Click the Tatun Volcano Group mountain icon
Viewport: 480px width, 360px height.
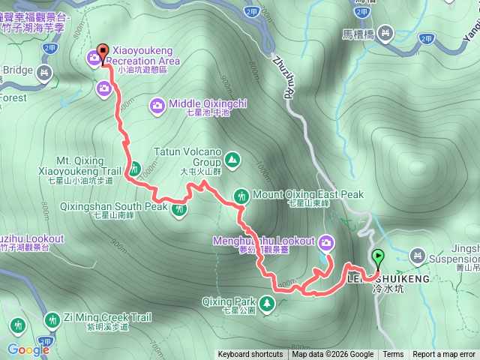[x=232, y=159]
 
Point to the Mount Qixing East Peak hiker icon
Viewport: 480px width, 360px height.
[x=241, y=195]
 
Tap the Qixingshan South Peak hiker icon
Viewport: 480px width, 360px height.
[x=180, y=210]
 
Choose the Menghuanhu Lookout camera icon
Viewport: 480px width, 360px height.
[x=326, y=241]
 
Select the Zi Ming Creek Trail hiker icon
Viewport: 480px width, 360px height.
[x=52, y=319]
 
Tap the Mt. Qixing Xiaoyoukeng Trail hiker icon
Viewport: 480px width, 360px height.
[x=135, y=168]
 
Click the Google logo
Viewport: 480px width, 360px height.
[x=28, y=349]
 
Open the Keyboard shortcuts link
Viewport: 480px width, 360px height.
[x=250, y=355]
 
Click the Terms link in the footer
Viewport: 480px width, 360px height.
[x=393, y=355]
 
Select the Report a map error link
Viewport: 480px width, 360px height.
[x=444, y=355]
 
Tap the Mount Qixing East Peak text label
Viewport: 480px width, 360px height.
[x=307, y=194]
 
